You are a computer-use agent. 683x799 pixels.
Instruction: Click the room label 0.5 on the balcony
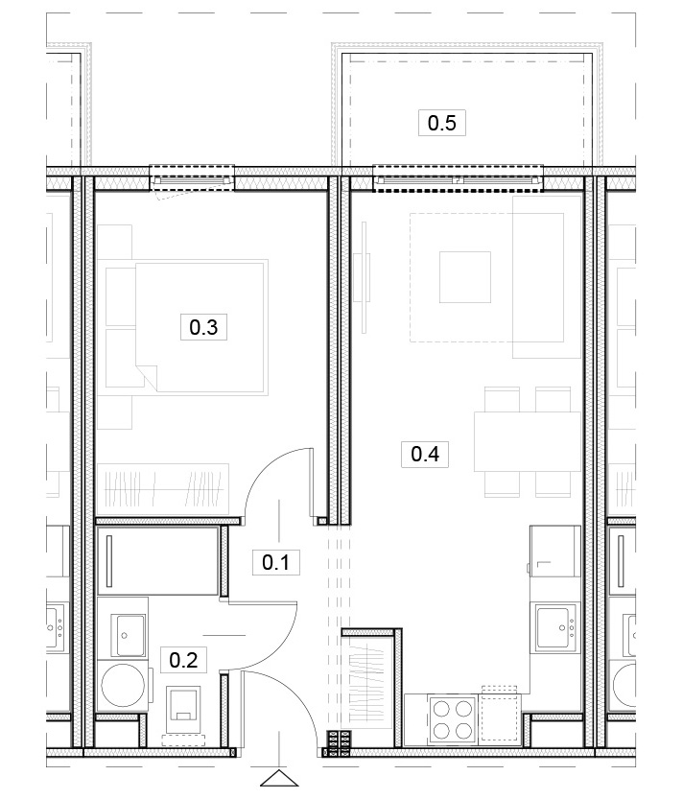pos(442,123)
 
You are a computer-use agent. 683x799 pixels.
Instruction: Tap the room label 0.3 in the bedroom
pos(203,327)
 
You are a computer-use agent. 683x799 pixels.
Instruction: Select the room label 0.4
pos(425,454)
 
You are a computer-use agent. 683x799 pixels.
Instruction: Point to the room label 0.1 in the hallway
pos(275,562)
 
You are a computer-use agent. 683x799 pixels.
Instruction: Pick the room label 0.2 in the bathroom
pos(183,660)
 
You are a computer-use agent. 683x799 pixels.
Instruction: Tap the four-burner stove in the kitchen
pos(452,720)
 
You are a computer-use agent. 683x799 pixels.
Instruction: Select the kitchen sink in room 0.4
pos(556,626)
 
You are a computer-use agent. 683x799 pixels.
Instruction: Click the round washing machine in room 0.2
pos(123,685)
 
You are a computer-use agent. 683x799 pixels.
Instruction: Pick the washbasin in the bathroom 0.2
pos(130,635)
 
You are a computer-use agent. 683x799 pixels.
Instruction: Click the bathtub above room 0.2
pos(159,560)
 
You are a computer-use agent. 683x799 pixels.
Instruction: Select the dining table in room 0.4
pos(527,441)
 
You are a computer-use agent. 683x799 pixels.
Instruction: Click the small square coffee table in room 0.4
pos(465,277)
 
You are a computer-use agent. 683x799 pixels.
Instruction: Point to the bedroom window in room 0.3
pos(192,179)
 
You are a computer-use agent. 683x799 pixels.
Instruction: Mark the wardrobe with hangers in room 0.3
pos(163,489)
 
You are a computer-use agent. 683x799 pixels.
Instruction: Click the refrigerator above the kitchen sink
pos(555,552)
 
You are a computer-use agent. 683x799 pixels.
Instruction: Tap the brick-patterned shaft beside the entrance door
pos(340,744)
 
